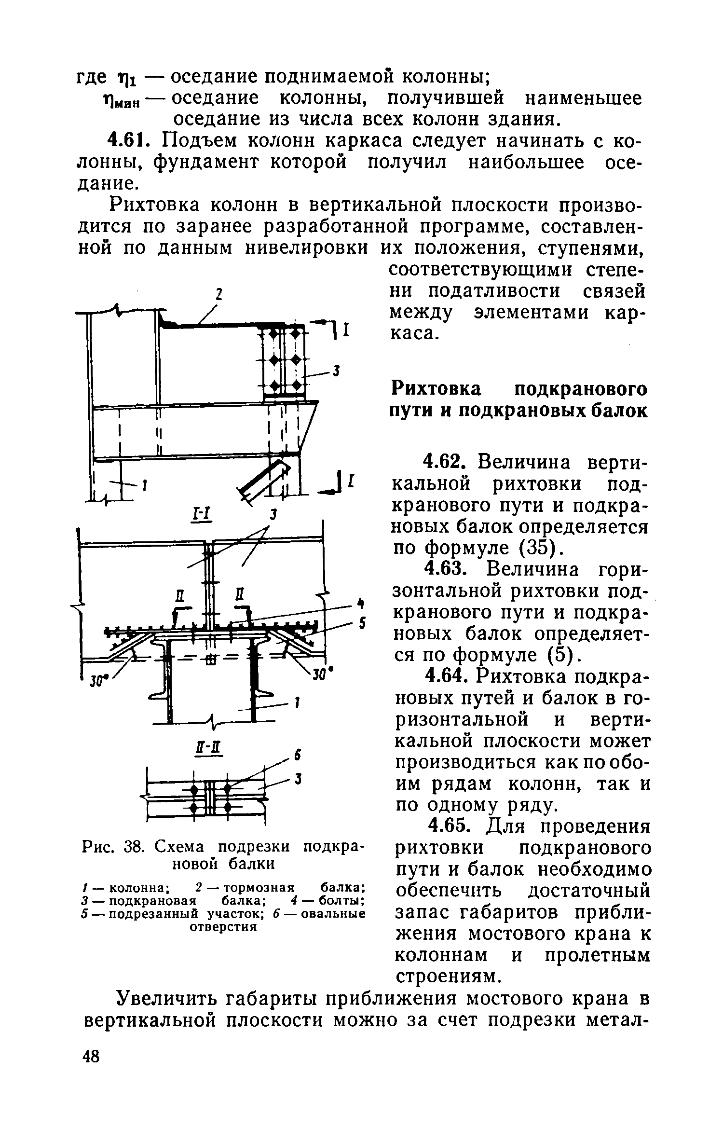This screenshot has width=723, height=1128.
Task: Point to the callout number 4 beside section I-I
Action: pyautogui.click(x=359, y=603)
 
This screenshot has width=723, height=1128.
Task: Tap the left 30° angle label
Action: pyautogui.click(x=98, y=682)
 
